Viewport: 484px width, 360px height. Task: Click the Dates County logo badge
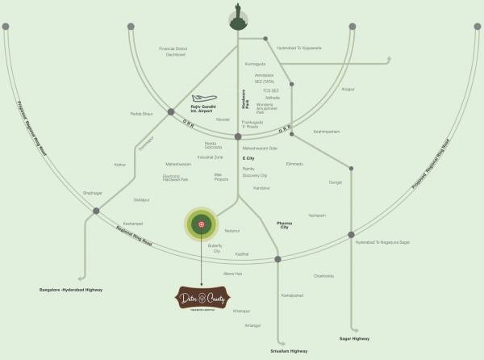point(202,299)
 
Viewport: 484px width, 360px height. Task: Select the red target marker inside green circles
point(202,224)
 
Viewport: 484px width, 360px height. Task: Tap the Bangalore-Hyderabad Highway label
point(72,288)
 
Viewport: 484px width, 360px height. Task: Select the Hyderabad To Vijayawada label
point(299,48)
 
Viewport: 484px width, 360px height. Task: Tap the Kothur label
point(120,164)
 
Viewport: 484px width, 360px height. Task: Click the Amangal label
point(252,325)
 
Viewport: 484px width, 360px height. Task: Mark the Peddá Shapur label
point(141,114)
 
